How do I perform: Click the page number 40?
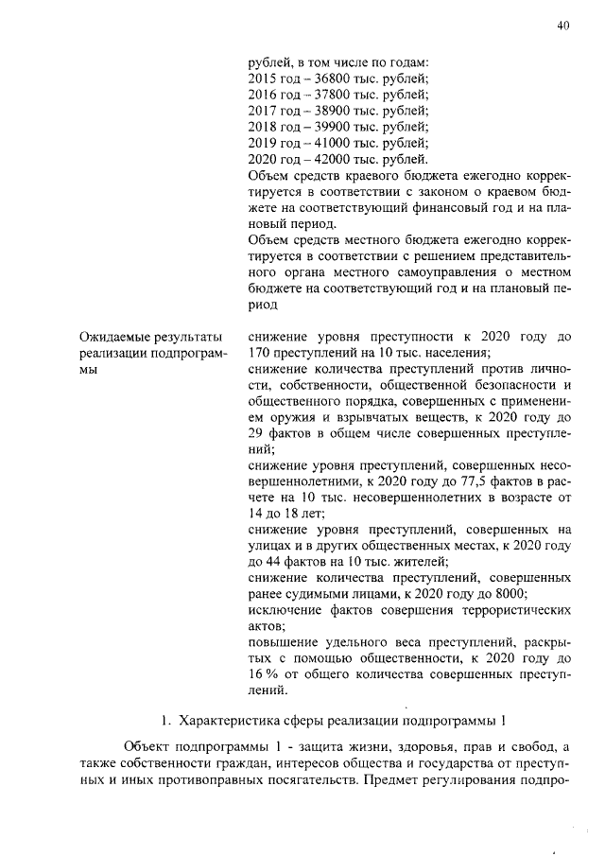point(563,26)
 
